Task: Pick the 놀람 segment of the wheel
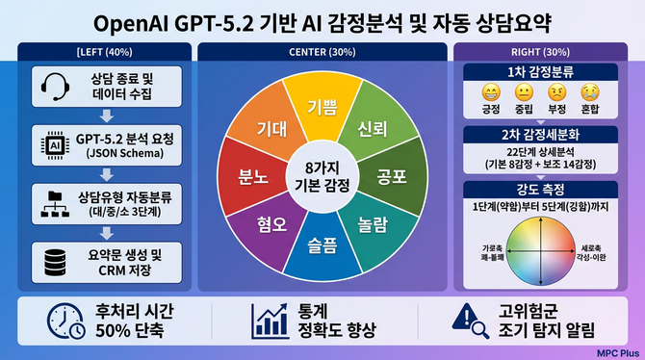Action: (x=372, y=225)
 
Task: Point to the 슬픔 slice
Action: (x=322, y=244)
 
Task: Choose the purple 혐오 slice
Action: (x=271, y=224)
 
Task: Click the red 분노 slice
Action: (x=252, y=177)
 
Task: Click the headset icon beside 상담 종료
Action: (x=53, y=88)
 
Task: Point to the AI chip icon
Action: (x=53, y=142)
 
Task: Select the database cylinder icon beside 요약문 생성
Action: (x=53, y=258)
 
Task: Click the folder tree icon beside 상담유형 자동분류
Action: (x=53, y=200)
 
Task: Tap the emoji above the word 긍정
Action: (x=491, y=93)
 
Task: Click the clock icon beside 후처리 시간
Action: (x=64, y=322)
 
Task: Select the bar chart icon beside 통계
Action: (x=270, y=321)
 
